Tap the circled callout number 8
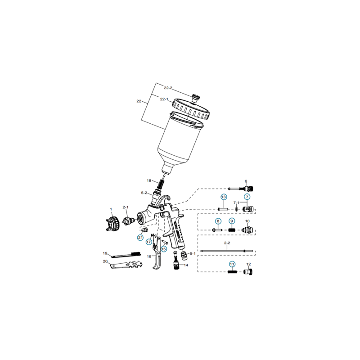[218, 221]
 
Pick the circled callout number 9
[232, 221]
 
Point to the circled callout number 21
[140, 238]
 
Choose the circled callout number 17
[148, 242]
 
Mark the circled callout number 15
[164, 248]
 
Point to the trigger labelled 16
[157, 261]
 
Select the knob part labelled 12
[248, 272]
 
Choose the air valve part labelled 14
[175, 262]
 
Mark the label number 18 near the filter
[148, 180]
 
